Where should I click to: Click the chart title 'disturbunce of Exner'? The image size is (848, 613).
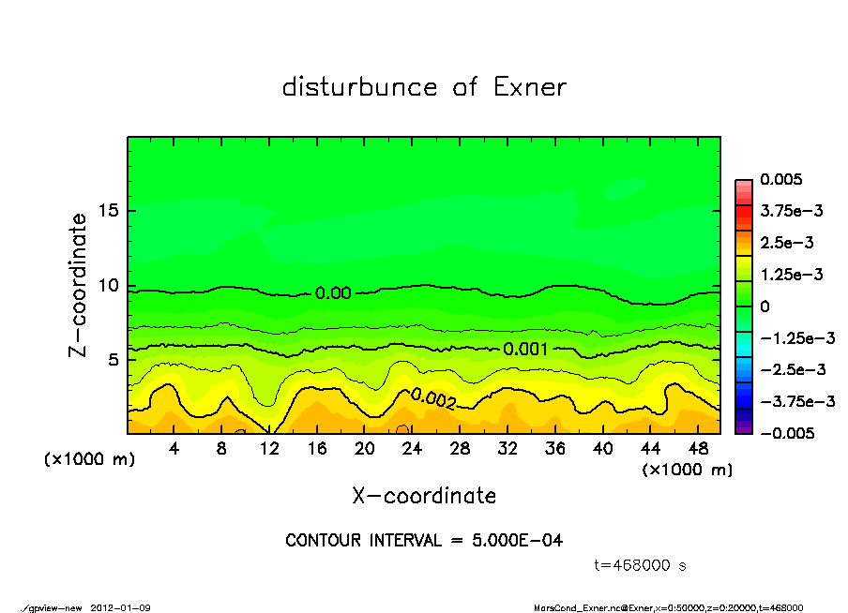pos(424,87)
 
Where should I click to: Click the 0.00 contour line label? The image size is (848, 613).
pos(333,293)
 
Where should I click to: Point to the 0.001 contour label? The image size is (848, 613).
pos(526,349)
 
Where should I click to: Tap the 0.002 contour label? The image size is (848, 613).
pos(433,399)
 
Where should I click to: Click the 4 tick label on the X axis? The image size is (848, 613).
pos(174,449)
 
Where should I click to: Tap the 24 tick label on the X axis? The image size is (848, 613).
pos(412,449)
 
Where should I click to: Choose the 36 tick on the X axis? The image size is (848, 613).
pos(554,449)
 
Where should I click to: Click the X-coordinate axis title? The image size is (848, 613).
pos(424,495)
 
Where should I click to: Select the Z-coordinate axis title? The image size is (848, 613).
pos(79,285)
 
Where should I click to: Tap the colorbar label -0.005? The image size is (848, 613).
pos(787,433)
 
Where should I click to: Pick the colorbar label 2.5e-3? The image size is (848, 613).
pos(786,243)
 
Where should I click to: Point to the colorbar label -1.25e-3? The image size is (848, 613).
pos(796,337)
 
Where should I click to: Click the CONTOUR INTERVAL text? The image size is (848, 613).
pos(424,541)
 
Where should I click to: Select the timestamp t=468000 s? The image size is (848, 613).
pos(643,565)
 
